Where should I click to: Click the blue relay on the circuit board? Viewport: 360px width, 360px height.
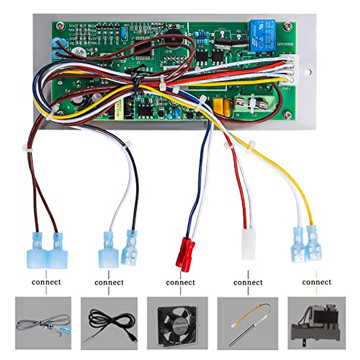pos(262,36)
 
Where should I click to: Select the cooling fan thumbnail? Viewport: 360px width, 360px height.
pos(178,323)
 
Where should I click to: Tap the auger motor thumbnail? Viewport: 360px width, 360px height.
pos(316,323)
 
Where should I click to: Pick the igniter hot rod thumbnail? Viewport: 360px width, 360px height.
pos(248,323)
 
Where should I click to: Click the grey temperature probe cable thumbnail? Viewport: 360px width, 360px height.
pos(43,323)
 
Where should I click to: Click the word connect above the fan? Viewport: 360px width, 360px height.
pos(181,282)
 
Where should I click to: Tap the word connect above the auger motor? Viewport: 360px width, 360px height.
pos(317,282)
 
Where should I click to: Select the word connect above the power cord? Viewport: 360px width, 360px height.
pos(109,282)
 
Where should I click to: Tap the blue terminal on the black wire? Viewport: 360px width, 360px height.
pos(130,248)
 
